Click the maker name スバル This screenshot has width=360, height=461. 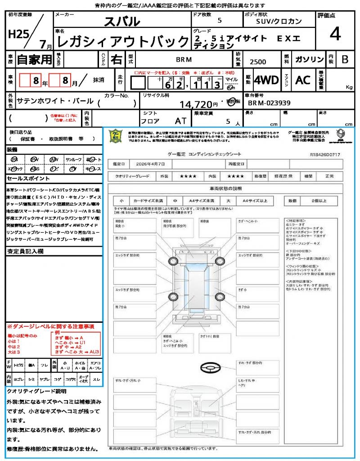click(x=122, y=21)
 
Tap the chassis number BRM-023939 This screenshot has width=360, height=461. click(x=269, y=103)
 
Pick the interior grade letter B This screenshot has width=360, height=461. click(x=345, y=59)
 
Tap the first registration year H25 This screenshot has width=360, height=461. click(x=18, y=35)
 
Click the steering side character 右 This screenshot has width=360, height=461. click(x=116, y=59)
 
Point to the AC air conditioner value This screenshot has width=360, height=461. click(x=303, y=80)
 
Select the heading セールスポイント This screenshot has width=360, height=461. click(x=25, y=179)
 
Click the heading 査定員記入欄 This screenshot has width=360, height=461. click(x=25, y=251)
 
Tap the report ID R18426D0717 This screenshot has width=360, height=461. click(x=325, y=154)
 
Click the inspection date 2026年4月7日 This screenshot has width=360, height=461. click(x=152, y=164)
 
